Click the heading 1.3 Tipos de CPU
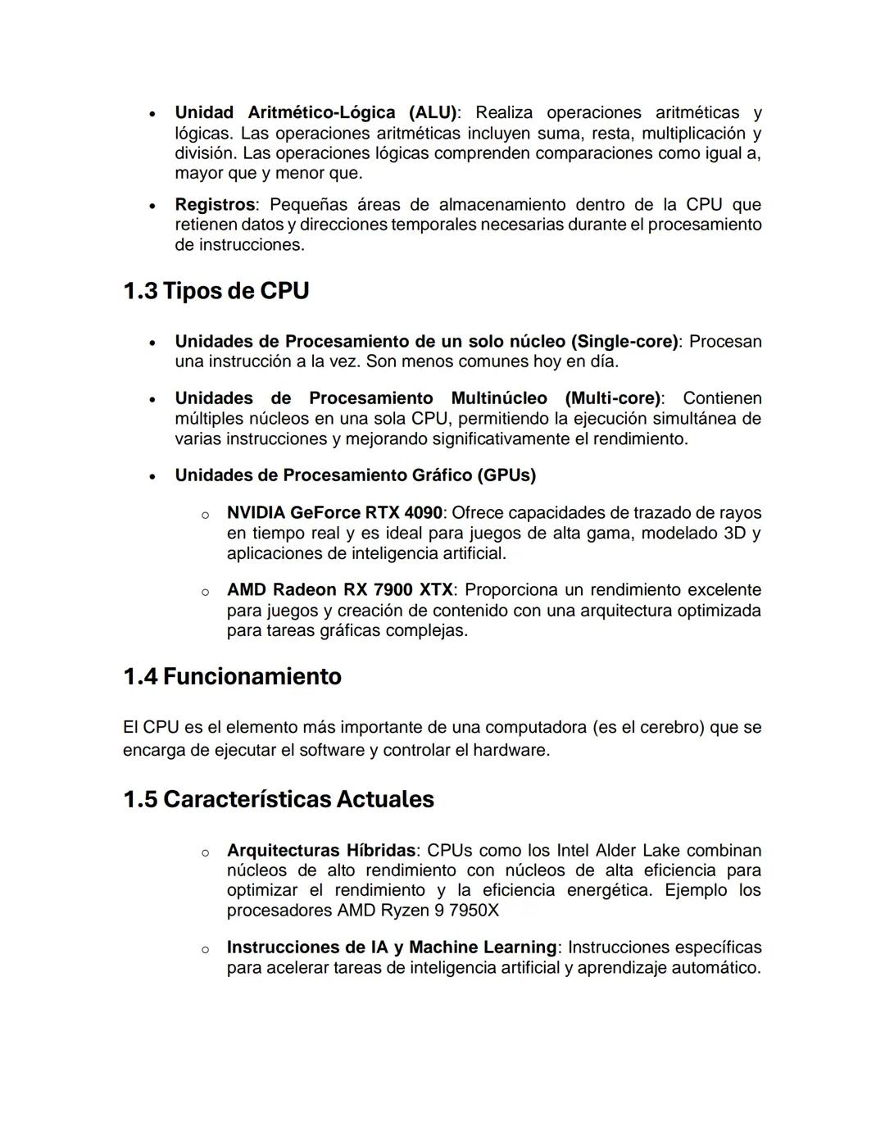coord(216,291)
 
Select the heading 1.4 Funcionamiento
coord(232,676)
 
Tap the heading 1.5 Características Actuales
coord(278,799)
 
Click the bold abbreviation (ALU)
coord(432,112)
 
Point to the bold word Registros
coord(215,204)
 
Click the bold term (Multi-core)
coord(612,398)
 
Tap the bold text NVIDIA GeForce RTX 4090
coord(334,513)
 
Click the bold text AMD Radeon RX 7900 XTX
coord(339,590)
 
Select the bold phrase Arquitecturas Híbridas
coord(320,851)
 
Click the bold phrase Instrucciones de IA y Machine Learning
coord(392,947)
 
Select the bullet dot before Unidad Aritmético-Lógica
coord(152,113)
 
